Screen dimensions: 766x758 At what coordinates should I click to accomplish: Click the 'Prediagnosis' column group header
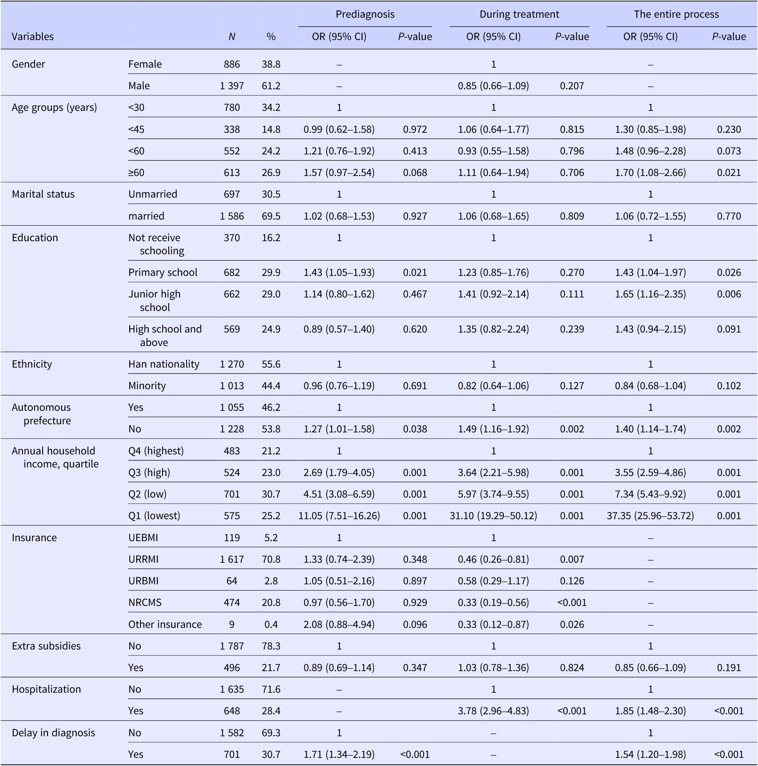click(365, 14)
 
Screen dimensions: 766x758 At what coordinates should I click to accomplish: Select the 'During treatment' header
click(519, 14)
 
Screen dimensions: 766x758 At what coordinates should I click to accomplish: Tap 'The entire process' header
click(676, 14)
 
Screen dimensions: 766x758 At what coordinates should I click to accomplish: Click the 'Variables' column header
click(33, 36)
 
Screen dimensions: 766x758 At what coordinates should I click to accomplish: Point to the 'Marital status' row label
click(43, 194)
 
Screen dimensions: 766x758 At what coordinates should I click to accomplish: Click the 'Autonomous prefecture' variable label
click(41, 414)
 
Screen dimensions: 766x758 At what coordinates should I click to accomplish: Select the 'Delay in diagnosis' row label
click(53, 732)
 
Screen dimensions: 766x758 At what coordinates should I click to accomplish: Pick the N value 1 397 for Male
click(232, 86)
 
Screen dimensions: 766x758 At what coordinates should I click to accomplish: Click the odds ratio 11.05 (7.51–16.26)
click(339, 515)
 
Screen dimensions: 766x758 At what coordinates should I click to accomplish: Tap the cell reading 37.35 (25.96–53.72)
click(650, 515)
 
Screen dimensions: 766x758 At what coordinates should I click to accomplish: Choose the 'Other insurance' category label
click(165, 624)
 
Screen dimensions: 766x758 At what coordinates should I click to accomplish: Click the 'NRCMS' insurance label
click(145, 602)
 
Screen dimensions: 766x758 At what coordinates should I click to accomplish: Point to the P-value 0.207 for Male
click(572, 86)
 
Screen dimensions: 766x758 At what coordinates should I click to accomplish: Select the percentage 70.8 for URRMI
click(271, 559)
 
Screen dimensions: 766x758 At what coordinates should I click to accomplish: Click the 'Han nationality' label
click(163, 364)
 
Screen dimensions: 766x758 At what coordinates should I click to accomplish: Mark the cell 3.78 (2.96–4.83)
click(493, 710)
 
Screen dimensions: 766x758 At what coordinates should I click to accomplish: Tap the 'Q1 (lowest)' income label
click(154, 515)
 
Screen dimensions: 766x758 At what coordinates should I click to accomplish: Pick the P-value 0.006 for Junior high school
click(729, 294)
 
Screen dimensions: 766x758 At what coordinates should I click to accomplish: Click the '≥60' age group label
click(136, 172)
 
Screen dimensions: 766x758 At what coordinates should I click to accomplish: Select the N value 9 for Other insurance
click(232, 624)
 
